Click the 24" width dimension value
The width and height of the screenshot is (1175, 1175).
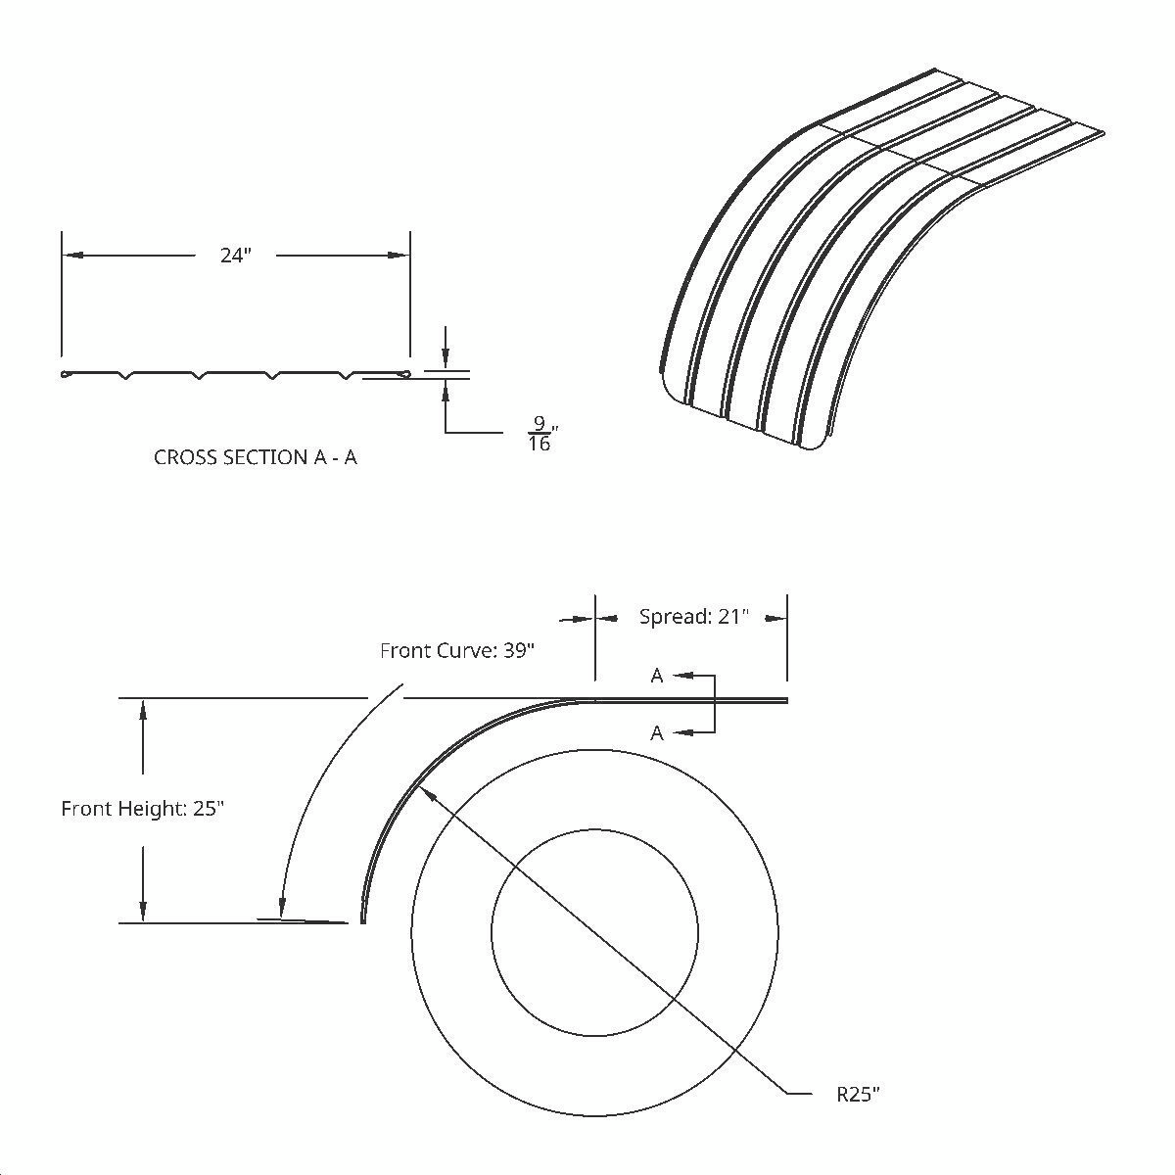point(235,256)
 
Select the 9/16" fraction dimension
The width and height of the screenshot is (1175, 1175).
point(540,434)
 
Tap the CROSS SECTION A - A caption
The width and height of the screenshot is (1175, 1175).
point(256,457)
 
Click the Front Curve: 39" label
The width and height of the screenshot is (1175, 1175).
point(457,651)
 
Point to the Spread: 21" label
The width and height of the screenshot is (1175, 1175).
point(693,617)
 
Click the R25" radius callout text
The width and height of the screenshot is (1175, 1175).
point(859,1094)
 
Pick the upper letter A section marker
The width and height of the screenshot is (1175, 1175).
point(657,676)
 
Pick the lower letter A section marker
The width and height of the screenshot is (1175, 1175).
point(657,732)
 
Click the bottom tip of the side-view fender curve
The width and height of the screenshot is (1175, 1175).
point(363,920)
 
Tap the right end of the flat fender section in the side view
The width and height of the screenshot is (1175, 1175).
point(785,700)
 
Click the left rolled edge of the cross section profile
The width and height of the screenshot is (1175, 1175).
point(67,374)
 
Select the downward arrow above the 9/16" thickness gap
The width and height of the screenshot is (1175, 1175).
point(446,359)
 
